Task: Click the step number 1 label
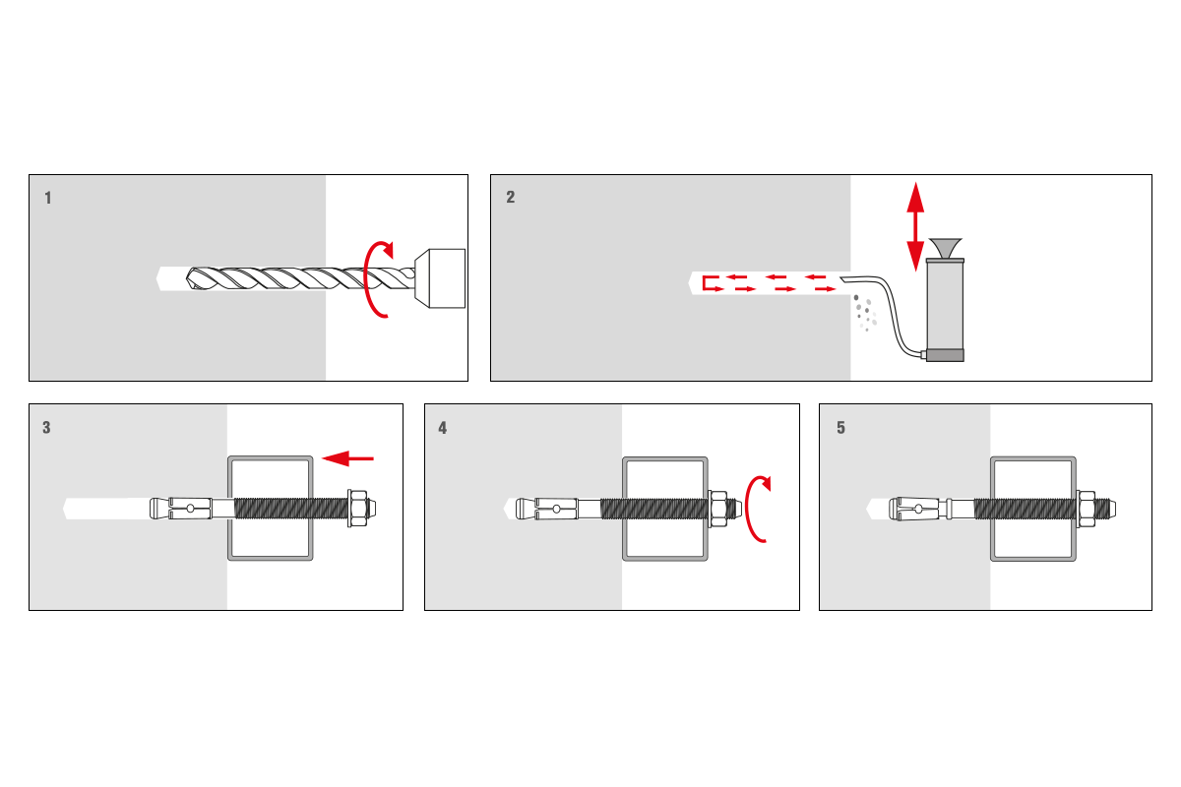tap(48, 198)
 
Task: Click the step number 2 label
tap(511, 197)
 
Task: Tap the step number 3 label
tap(46, 428)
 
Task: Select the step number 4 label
tap(442, 428)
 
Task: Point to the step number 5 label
tap(840, 428)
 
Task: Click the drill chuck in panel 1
tap(440, 278)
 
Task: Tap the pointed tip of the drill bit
tap(187, 278)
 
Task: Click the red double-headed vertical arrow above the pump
tap(916, 226)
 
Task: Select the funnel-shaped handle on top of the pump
tap(946, 248)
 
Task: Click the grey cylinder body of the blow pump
tap(946, 306)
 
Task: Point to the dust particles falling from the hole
tap(865, 313)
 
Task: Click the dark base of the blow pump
tap(946, 356)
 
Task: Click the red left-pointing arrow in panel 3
tap(348, 458)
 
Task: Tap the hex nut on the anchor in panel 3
tap(357, 509)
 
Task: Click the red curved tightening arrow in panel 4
tap(758, 510)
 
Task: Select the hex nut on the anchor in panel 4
tap(718, 510)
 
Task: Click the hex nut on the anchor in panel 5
tap(1086, 510)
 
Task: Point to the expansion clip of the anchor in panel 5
tap(918, 510)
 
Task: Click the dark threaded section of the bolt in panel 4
tap(654, 510)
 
